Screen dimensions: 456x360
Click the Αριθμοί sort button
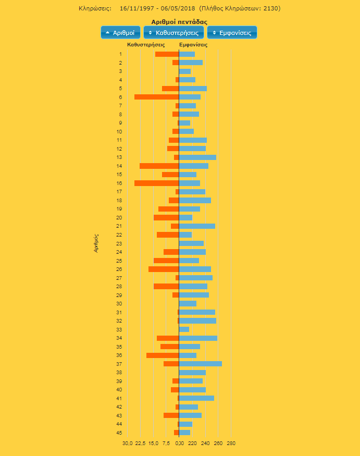tap(120, 32)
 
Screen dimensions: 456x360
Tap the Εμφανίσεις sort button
tap(232, 32)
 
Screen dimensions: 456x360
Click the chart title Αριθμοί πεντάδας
tap(179, 22)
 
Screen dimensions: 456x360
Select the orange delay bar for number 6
tap(156, 97)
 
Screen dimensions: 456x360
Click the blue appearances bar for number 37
tap(200, 364)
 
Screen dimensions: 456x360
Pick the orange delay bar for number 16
tap(156, 183)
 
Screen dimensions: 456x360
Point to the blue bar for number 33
tap(184, 329)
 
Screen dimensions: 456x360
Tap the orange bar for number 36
tap(163, 355)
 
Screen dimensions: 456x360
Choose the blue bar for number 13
tap(197, 157)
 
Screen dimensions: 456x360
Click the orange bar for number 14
tap(159, 166)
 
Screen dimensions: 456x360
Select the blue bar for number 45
tap(184, 433)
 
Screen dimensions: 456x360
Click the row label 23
tap(119, 243)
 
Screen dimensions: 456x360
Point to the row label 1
tap(120, 54)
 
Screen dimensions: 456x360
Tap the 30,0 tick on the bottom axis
tap(127, 443)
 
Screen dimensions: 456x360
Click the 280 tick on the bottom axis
tap(231, 443)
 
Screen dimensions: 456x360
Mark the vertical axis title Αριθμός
tap(96, 243)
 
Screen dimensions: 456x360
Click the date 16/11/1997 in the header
tap(136, 8)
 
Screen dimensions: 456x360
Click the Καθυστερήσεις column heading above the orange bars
tap(146, 45)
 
